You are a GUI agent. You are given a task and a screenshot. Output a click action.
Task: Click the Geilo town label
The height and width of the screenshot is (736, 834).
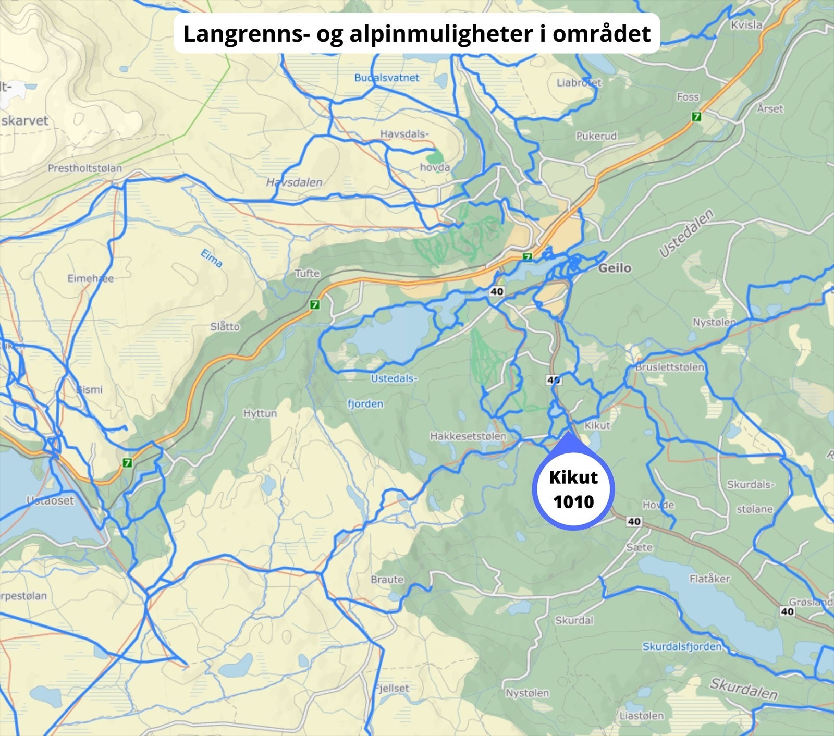[x=615, y=268]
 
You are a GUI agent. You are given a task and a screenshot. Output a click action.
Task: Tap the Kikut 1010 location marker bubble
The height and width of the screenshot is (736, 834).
[x=573, y=489]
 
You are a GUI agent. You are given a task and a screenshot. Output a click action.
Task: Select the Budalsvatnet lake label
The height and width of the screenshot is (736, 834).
[x=386, y=78]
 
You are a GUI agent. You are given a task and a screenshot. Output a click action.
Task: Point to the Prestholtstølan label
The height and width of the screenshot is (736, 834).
[x=84, y=168]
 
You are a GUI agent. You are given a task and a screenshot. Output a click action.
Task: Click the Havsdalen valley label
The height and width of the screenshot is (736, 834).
[x=294, y=182]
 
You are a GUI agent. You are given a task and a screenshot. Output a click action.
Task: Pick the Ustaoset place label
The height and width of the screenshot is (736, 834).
[x=50, y=500]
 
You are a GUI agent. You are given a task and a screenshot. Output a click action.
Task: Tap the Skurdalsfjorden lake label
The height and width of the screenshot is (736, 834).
[x=682, y=646]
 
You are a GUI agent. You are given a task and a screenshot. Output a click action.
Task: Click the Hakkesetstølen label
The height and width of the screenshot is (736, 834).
[x=468, y=436]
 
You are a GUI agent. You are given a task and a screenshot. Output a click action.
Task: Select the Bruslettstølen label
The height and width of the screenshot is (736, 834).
[x=669, y=367]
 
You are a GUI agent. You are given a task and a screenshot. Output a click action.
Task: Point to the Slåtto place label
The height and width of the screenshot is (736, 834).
[x=225, y=327]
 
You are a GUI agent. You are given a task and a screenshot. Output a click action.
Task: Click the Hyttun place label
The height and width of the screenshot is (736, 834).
[x=260, y=413]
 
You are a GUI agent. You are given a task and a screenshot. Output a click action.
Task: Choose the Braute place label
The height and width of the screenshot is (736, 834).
[x=387, y=579]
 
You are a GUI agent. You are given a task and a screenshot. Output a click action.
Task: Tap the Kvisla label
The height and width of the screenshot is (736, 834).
[x=746, y=25]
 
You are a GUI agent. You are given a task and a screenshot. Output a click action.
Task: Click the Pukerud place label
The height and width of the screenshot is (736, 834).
[x=596, y=136]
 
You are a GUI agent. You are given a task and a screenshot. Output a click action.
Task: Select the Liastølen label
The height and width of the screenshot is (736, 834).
[x=641, y=715]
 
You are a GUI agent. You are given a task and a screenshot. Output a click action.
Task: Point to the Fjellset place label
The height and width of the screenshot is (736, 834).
[x=393, y=688]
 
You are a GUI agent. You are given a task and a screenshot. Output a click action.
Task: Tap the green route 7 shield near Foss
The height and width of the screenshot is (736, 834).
[x=696, y=117]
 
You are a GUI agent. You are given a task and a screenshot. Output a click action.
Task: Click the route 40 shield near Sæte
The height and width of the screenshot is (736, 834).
[x=634, y=521]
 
